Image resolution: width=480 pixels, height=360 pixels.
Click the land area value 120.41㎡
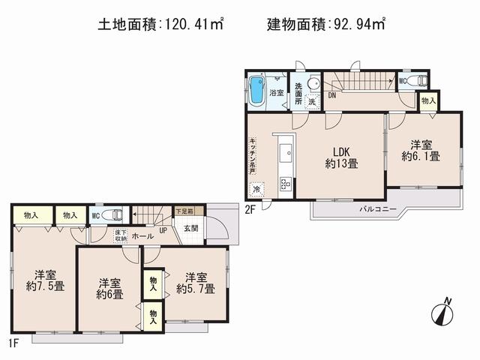(192, 25)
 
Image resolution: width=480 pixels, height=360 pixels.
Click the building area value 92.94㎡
(359, 25)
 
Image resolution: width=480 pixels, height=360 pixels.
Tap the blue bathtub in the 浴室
(257, 89)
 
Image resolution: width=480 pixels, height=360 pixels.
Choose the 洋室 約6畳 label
(109, 289)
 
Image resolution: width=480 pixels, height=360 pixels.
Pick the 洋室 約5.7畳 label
(196, 282)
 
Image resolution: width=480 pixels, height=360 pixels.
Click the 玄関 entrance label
(190, 229)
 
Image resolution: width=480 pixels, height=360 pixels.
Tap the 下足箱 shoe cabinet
(184, 211)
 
